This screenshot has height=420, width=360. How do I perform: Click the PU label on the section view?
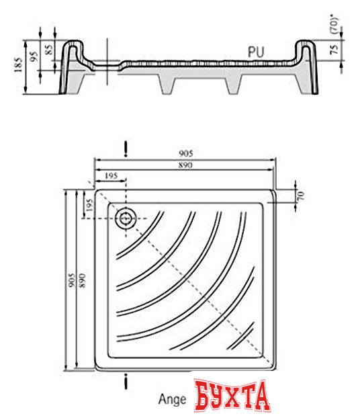click(x=256, y=50)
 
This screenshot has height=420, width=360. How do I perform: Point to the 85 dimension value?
click(x=47, y=49)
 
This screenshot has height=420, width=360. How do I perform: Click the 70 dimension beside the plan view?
click(x=302, y=196)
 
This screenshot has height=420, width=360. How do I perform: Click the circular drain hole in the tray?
click(x=126, y=218)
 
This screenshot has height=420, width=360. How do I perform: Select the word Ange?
click(x=172, y=398)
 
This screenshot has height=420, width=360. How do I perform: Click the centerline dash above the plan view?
click(x=126, y=148)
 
